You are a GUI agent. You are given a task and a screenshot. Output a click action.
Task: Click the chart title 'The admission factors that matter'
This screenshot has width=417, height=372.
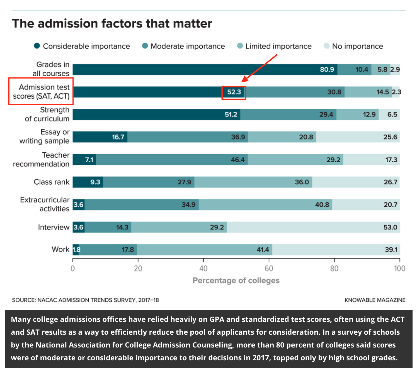pos(112,24)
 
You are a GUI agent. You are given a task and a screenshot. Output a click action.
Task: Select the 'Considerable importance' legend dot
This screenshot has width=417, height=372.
pos(37,46)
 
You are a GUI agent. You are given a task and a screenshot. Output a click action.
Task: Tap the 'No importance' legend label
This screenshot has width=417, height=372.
pos(357,46)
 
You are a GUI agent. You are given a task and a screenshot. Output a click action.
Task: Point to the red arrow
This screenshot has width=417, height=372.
pos(259,68)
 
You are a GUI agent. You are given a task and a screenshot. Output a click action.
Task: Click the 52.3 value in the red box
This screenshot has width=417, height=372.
pos(234,92)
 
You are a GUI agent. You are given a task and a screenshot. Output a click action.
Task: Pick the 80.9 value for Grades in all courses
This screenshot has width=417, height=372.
pos(327,70)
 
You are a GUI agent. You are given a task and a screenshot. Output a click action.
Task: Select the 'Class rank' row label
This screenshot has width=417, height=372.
pos(52,182)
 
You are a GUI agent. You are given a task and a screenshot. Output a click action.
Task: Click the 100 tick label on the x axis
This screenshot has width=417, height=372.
pos(399,268)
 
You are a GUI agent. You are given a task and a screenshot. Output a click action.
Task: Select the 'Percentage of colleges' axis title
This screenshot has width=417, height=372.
pos(236,280)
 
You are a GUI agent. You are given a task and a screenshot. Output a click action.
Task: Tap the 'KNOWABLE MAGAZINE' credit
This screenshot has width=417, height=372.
pos(375,300)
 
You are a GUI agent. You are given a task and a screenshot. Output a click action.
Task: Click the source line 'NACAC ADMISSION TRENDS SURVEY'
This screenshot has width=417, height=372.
pos(85,300)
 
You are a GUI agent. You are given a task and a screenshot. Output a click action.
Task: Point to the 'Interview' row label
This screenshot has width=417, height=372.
pos(54,227)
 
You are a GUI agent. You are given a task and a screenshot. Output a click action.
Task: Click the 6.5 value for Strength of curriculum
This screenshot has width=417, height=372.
pos(392,114)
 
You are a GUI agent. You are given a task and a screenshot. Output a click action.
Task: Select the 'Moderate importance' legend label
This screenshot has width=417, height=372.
pos(188,46)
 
